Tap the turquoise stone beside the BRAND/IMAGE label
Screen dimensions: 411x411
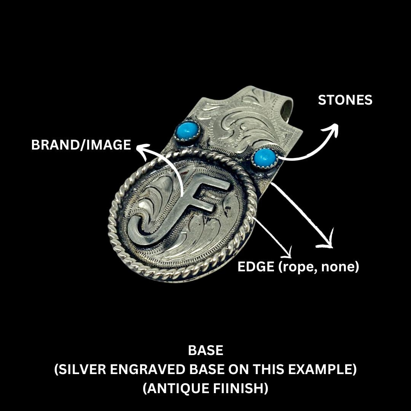click(187, 131)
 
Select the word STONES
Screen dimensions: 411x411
click(345, 100)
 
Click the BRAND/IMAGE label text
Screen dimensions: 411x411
click(81, 145)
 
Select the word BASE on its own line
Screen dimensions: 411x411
click(205, 350)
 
